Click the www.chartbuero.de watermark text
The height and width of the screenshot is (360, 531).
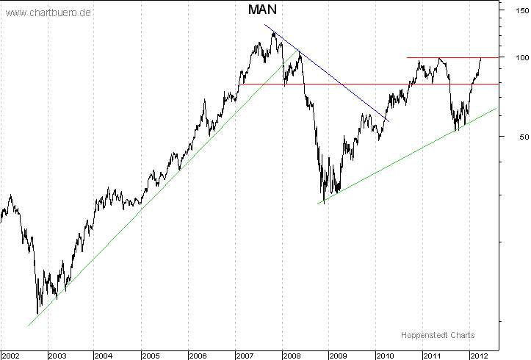click(48, 13)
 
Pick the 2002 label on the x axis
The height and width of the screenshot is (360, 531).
click(11, 355)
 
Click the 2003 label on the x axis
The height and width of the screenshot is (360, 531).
click(57, 355)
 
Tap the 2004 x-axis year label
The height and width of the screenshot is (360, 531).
click(104, 355)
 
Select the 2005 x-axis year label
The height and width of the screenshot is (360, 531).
click(151, 355)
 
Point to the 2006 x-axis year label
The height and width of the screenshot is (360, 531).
click(198, 355)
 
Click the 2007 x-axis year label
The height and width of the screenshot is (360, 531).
click(245, 355)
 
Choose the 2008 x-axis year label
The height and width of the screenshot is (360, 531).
click(292, 355)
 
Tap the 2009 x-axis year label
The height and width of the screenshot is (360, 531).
click(339, 355)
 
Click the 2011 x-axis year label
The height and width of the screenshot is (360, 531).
click(433, 355)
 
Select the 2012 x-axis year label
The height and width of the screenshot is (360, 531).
click(478, 355)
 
